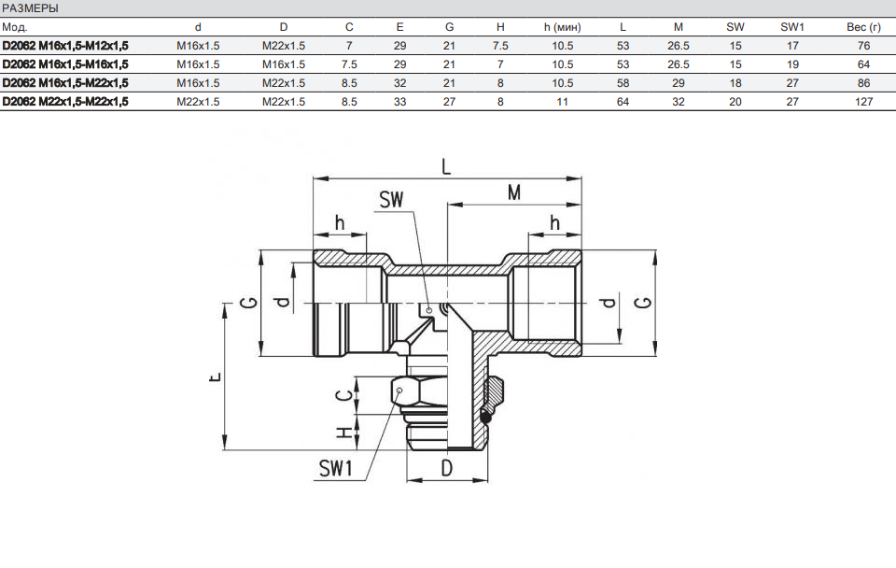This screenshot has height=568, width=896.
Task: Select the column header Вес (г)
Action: tap(856, 27)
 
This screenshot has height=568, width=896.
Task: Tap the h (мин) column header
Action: tap(562, 27)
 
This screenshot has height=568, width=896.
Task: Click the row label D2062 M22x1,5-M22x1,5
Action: tap(65, 102)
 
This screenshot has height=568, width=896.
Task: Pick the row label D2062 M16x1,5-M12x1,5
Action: tap(65, 46)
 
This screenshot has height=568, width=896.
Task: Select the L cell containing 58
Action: tap(623, 83)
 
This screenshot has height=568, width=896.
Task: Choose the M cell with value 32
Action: tap(679, 102)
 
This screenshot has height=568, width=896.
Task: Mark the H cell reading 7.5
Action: tap(500, 46)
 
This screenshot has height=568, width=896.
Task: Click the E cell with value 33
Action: tap(399, 102)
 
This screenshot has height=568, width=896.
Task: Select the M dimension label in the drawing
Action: tap(513, 192)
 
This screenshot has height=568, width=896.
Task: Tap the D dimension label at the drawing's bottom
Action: tap(446, 468)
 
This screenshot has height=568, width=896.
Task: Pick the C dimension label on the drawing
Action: tap(344, 394)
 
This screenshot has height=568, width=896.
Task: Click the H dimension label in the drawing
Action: tap(344, 433)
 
